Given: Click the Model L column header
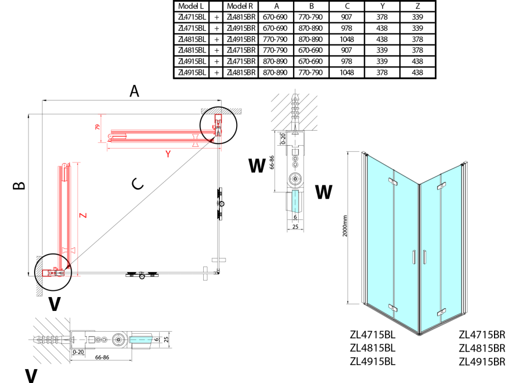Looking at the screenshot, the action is click(x=190, y=6).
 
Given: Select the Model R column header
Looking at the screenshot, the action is click(x=240, y=6).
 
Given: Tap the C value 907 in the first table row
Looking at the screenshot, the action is click(x=347, y=17).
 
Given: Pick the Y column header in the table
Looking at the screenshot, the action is click(x=382, y=6).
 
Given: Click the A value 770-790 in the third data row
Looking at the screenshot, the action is click(x=275, y=39).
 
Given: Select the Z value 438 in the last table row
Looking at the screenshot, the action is click(x=418, y=73).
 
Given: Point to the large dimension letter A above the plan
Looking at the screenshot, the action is click(x=134, y=91).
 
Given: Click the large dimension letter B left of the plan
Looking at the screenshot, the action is click(x=19, y=185).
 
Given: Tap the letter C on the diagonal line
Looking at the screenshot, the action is click(x=137, y=184).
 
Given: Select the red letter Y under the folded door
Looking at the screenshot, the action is click(x=168, y=154).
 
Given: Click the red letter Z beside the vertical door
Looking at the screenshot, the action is click(x=83, y=215).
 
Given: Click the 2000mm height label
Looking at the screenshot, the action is click(x=344, y=226).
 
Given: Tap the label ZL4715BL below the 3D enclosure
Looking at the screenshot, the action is click(x=373, y=335).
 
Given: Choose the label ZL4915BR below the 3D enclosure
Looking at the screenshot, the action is click(x=482, y=362).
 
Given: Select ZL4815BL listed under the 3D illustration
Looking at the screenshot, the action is click(x=373, y=348).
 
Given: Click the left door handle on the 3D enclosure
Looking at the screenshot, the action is click(x=414, y=257).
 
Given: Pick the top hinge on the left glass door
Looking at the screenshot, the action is click(x=393, y=181).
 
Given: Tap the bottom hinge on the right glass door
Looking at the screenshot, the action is click(x=442, y=312).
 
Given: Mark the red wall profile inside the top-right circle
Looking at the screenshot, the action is click(x=218, y=118).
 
